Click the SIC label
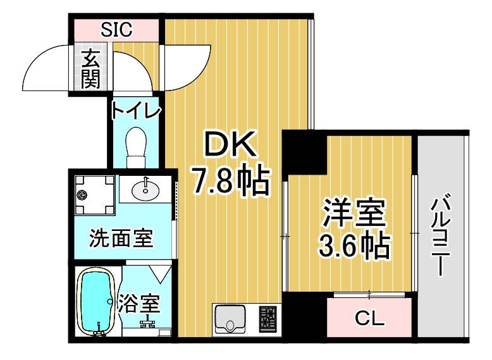point(116,28)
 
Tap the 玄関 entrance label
point(91,68)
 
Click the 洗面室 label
point(121,239)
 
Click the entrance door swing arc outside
point(44,68)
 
